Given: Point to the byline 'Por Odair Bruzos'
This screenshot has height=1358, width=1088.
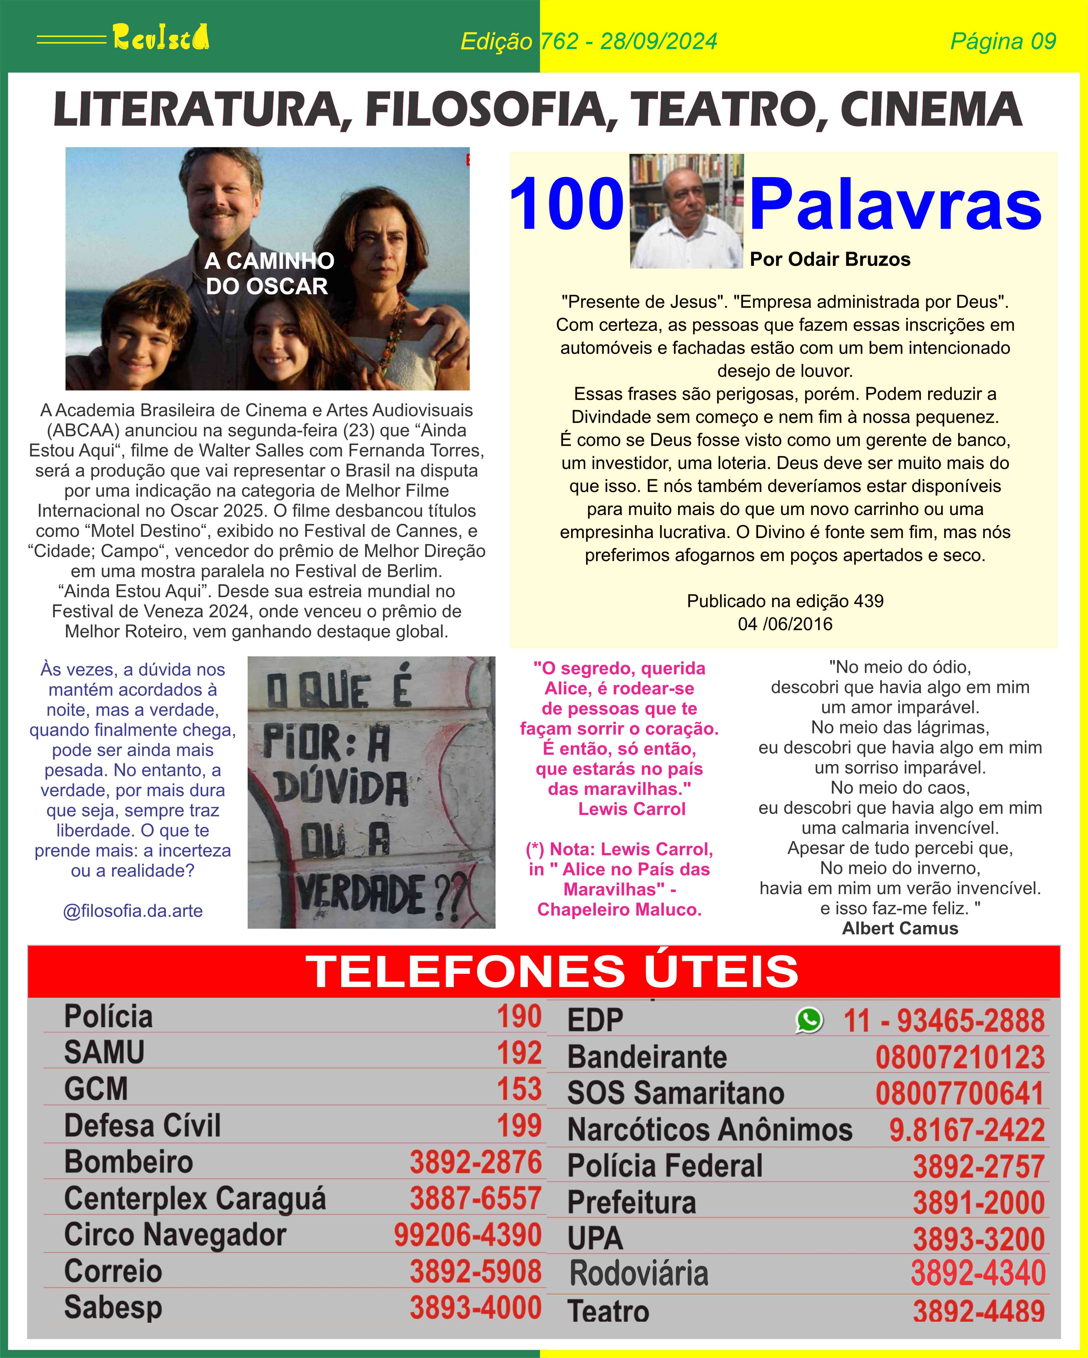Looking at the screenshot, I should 830,259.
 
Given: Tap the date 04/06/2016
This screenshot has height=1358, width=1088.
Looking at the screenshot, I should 785,624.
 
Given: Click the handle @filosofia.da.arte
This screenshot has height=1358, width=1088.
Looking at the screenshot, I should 133,911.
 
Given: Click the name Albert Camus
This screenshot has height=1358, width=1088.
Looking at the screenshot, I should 900,928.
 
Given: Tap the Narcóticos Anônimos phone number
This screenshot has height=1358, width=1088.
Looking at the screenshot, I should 966,1130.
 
